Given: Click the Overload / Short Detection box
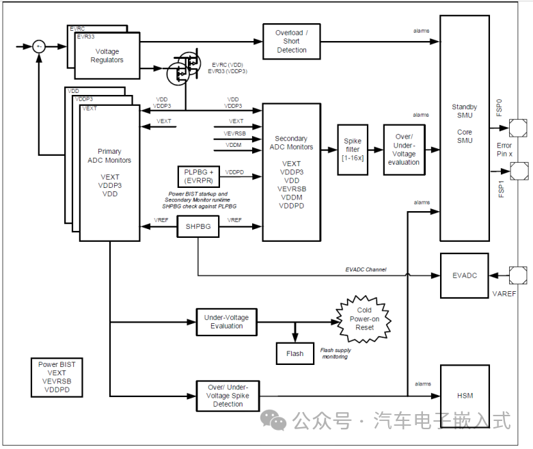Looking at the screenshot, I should pyautogui.click(x=291, y=42).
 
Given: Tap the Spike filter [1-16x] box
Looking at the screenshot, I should pyautogui.click(x=353, y=149).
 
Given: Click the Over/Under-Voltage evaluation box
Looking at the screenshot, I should pyautogui.click(x=404, y=149).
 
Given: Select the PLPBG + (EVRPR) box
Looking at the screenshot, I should pyautogui.click(x=198, y=176).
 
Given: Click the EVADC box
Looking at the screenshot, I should pyautogui.click(x=465, y=275).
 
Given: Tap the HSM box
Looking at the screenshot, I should pyautogui.click(x=465, y=396).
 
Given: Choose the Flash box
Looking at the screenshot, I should pyautogui.click(x=295, y=353).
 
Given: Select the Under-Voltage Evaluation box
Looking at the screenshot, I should pyautogui.click(x=226, y=321).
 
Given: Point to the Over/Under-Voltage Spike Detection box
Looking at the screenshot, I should pyautogui.click(x=228, y=396).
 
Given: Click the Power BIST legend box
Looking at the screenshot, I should pyautogui.click(x=57, y=377).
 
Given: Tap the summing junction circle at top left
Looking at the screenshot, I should pyautogui.click(x=40, y=46).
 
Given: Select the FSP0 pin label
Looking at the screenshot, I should pyautogui.click(x=500, y=107).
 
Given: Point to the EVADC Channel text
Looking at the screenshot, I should pyautogui.click(x=366, y=270).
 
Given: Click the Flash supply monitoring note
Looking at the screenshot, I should pyautogui.click(x=336, y=353).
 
